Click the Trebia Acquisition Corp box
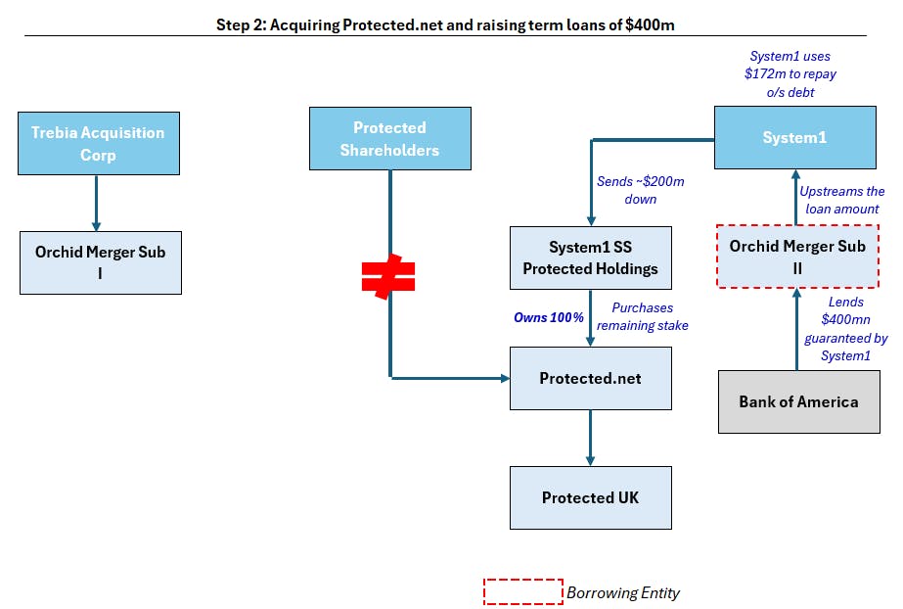[x=99, y=144]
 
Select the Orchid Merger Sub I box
[x=101, y=262]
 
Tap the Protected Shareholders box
[x=390, y=138]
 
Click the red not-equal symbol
[x=388, y=276]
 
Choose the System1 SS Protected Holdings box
[x=590, y=258]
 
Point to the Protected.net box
[x=590, y=378]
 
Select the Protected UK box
[x=590, y=497]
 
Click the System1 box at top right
[x=794, y=137]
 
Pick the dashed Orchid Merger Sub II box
[x=797, y=257]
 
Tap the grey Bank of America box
[x=798, y=401]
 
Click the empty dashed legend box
[x=522, y=591]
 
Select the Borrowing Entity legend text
[x=623, y=593]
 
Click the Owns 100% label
[x=549, y=317]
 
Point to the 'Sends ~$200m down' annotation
[x=641, y=190]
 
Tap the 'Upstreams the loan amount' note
[x=842, y=200]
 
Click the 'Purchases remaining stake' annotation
[x=642, y=316]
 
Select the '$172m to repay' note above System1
[x=790, y=73]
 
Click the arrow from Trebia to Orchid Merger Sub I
[x=96, y=204]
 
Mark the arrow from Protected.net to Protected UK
[x=590, y=438]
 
